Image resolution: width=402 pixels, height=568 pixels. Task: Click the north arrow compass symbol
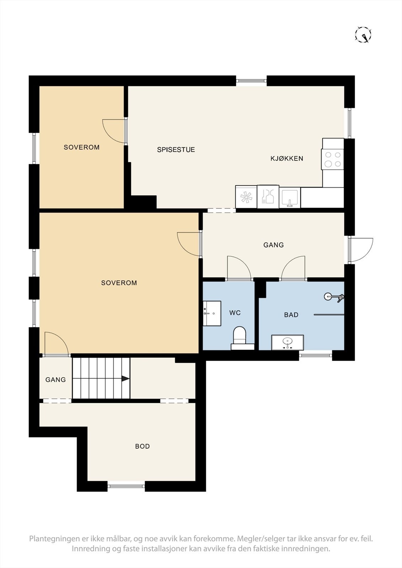pos(363,34)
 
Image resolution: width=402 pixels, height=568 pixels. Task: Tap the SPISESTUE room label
pos(176,149)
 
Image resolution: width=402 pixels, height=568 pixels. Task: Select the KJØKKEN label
pos(287,158)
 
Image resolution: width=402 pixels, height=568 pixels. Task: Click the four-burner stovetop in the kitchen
pos(332,159)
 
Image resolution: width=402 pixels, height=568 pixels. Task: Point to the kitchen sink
pos(289,197)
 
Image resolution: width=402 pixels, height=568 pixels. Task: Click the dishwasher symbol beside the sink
pos(268,197)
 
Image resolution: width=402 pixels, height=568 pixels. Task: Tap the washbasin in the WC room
pos(212,313)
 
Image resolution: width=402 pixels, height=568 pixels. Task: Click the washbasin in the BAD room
pos(288,342)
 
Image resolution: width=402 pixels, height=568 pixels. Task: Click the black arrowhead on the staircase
pos(125,379)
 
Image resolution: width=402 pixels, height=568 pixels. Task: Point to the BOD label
pos(143,446)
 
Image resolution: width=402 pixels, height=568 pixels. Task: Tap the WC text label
pos(235,313)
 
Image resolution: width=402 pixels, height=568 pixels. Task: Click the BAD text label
pos(291,315)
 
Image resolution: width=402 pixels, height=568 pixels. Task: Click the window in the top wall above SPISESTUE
pos(251,81)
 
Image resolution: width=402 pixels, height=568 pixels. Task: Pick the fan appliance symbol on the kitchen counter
pos(246,197)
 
